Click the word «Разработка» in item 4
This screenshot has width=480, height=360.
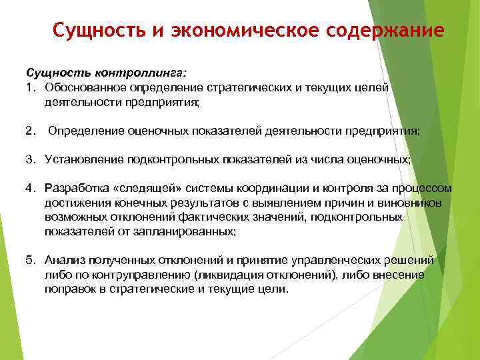75,189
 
